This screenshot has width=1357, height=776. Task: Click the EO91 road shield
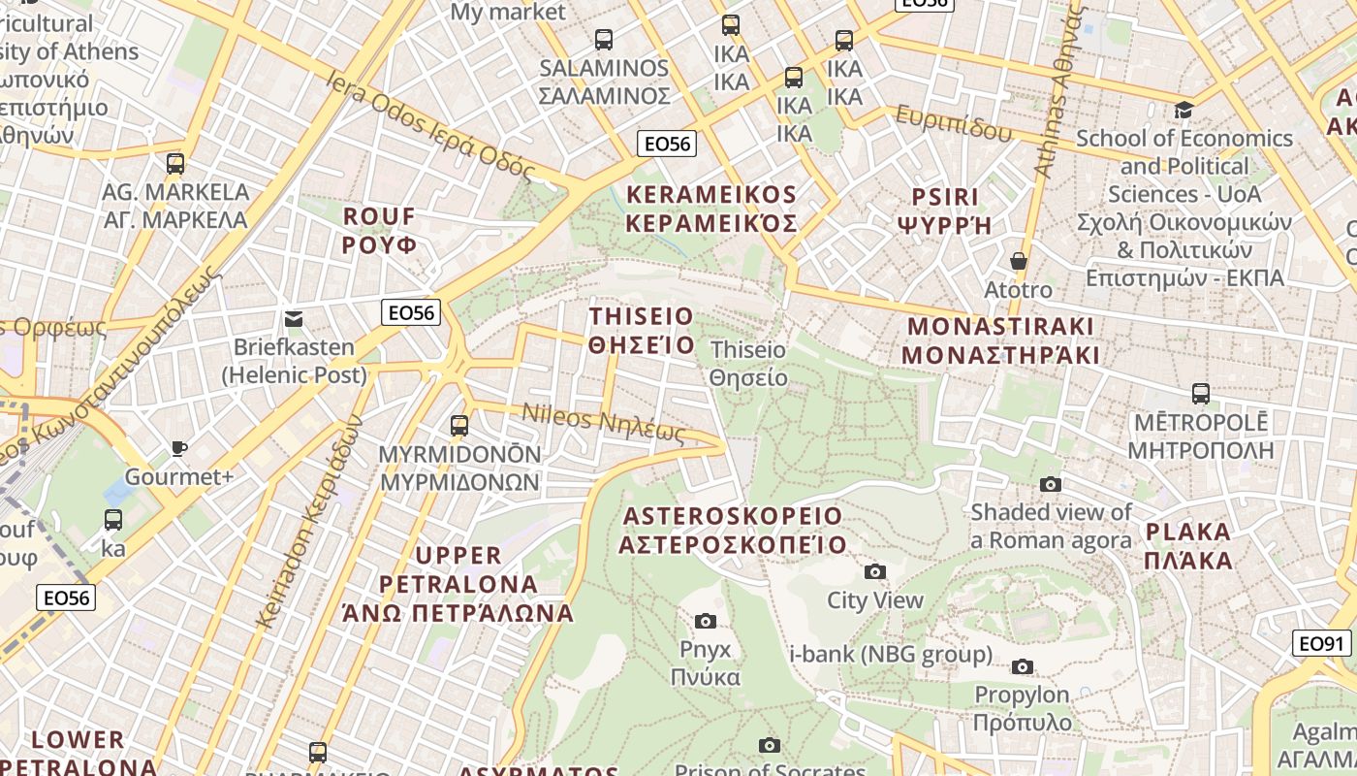pos(1322,643)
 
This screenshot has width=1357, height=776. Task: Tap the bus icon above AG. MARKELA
pos(175,163)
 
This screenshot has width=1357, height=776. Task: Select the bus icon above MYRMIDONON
pos(459,425)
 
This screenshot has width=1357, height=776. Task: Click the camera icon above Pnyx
pos(706,621)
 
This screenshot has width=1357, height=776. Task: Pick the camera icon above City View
pos(875,571)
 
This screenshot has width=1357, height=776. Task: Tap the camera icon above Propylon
pos(1023,666)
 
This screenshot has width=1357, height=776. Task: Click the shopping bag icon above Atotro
pos(1019,261)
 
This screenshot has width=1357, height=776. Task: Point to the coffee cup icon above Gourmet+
pos(178,447)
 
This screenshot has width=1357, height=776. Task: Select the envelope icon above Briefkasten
pos(294,318)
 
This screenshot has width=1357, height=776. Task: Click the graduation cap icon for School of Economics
pos(1183,109)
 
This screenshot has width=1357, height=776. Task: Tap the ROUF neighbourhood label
pos(379,230)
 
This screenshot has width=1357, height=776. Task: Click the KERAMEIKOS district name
pos(711,210)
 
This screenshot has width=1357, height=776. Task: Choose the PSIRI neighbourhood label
pos(945,210)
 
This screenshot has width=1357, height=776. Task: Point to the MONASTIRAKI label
pos(1000,340)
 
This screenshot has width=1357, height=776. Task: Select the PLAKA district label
pos(1188,545)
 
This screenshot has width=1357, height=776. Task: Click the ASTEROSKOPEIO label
pos(733,530)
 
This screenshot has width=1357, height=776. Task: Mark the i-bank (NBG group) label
pos(891,655)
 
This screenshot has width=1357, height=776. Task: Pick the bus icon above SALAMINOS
pos(604,40)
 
